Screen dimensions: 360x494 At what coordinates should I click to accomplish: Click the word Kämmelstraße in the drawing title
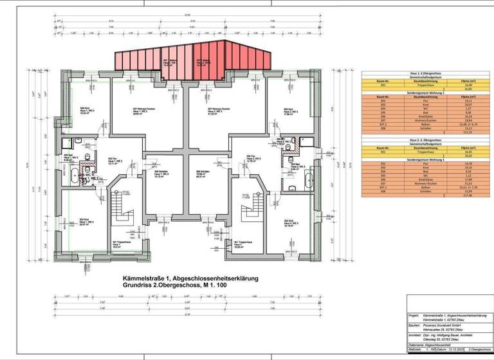coord(140,278)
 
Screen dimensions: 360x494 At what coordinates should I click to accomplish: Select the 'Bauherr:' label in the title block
coord(414,326)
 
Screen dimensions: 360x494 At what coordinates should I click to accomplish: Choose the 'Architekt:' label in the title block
coord(414,335)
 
